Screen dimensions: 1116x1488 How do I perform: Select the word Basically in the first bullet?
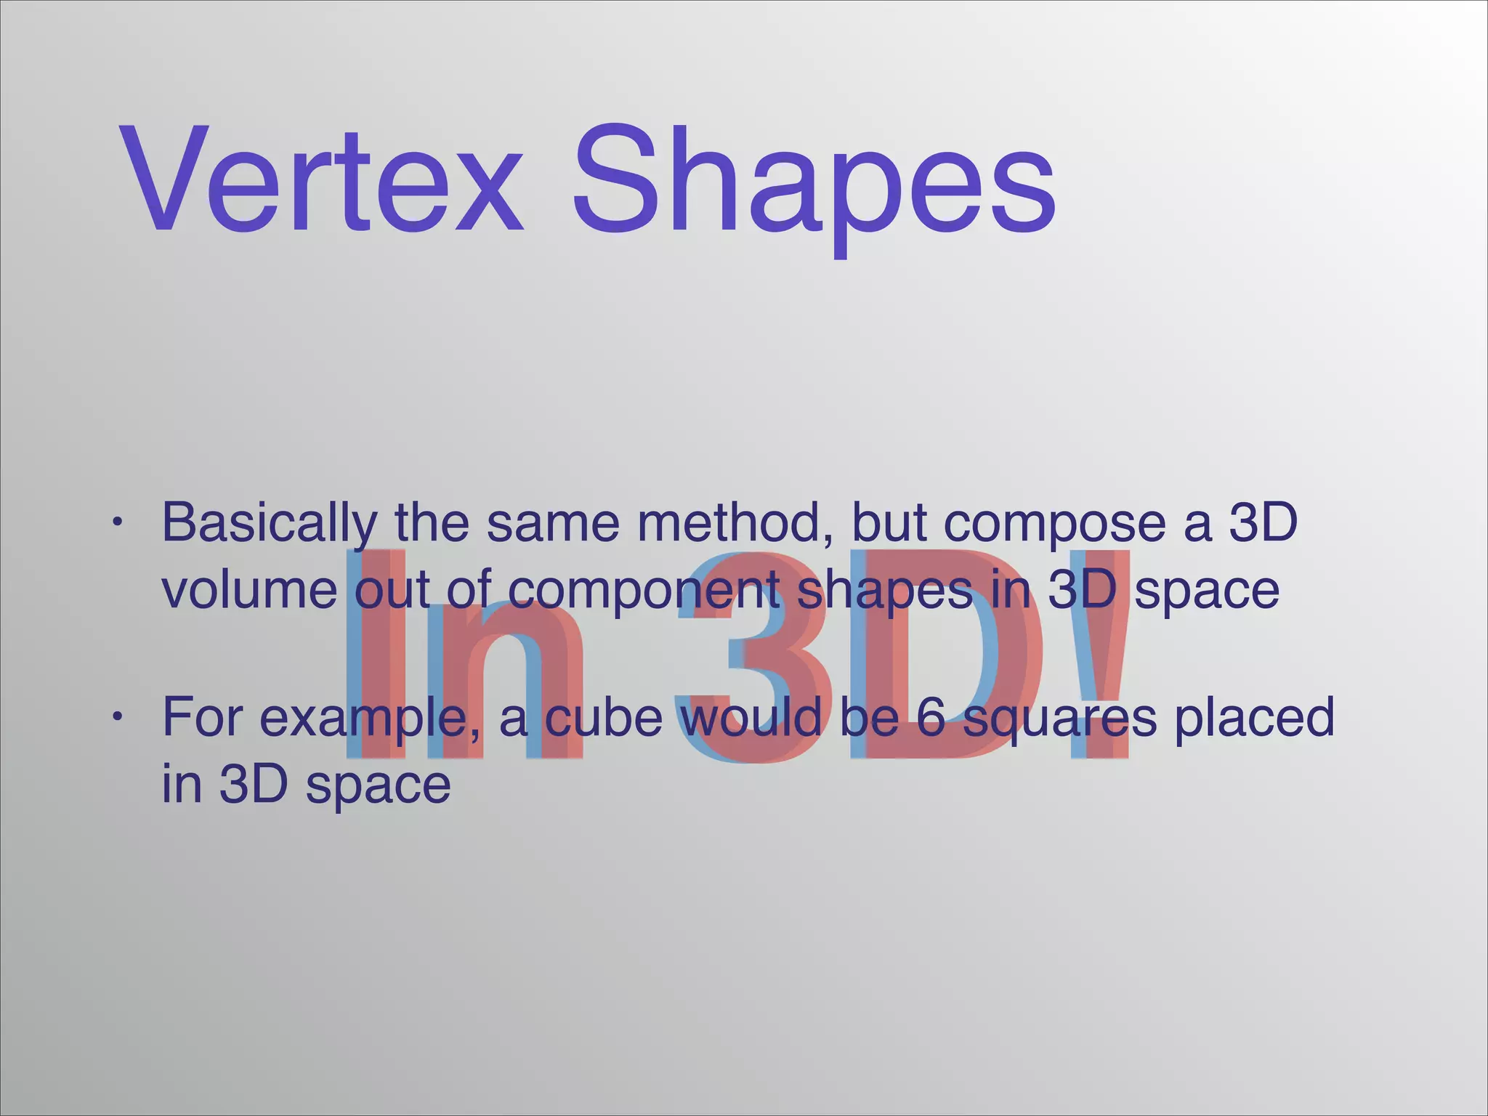tap(270, 523)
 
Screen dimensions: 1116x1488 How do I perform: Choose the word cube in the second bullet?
tap(604, 716)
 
